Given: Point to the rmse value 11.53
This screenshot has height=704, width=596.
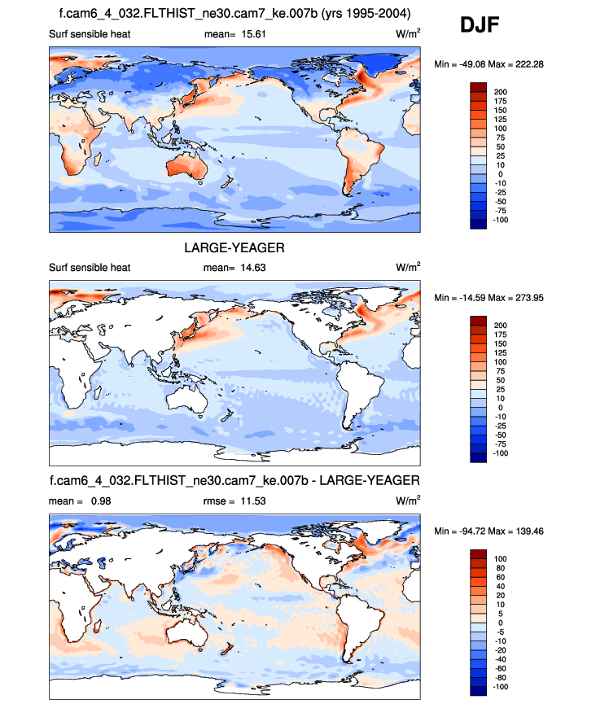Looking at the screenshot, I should tap(248, 499).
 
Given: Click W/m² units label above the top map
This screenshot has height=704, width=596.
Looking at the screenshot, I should tap(408, 34).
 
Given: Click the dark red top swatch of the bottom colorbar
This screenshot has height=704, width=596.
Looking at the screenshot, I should tap(479, 554).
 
